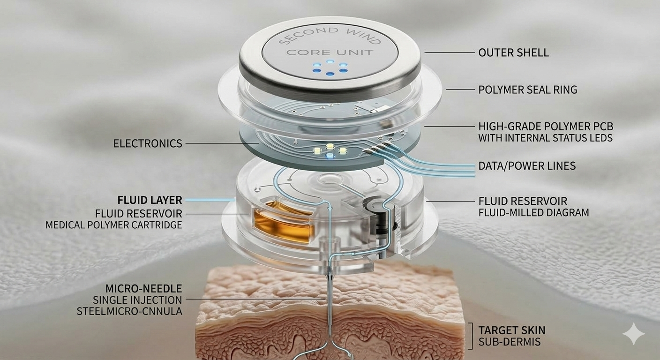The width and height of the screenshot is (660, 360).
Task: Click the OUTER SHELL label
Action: pyautogui.click(x=513, y=52)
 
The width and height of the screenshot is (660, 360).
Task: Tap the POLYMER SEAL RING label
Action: pyautogui.click(x=527, y=90)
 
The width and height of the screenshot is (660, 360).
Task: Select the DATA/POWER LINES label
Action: pyautogui.click(x=527, y=166)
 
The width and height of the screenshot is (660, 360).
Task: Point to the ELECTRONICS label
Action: pyautogui.click(x=148, y=143)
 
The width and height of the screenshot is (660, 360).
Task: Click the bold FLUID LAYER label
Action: pyautogui.click(x=150, y=200)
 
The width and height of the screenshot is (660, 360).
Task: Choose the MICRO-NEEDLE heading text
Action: pyautogui.click(x=144, y=288)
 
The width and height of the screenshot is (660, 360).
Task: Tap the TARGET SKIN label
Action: pyautogui.click(x=512, y=330)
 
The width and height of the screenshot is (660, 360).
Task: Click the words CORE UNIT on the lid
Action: pyautogui.click(x=330, y=52)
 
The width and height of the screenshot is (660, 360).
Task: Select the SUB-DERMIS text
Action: pyautogui.click(x=510, y=342)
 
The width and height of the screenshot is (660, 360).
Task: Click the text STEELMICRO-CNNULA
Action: pyautogui.click(x=129, y=311)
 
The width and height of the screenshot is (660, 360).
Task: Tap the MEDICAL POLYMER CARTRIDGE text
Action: pyautogui.click(x=114, y=225)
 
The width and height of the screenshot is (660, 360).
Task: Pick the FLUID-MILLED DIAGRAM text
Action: pyautogui.click(x=533, y=212)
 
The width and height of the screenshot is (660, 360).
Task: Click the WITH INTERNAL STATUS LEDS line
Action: pyautogui.click(x=545, y=138)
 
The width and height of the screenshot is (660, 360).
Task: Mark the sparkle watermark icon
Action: pyautogui.click(x=633, y=334)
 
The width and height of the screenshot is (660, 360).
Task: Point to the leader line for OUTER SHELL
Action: pyautogui.click(x=450, y=52)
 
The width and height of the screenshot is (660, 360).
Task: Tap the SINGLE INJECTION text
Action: pyautogui.click(x=137, y=300)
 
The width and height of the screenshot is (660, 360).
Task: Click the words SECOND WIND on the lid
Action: pyautogui.click(x=330, y=35)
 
